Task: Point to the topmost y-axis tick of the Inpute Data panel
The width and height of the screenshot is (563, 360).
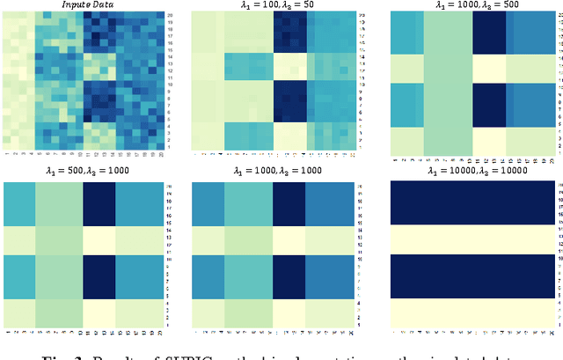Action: point(169,17)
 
